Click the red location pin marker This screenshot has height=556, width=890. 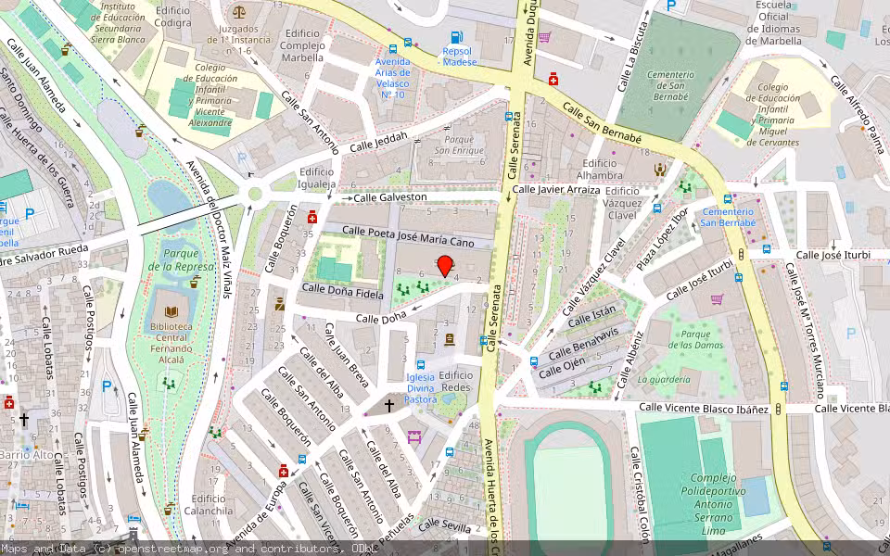[x=445, y=266]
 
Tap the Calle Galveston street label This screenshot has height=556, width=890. [x=389, y=197]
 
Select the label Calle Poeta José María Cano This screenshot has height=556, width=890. [x=408, y=236]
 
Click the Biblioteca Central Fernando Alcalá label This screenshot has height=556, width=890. [x=172, y=337]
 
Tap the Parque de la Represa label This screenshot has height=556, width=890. [x=181, y=259]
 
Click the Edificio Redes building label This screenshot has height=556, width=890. [x=456, y=381]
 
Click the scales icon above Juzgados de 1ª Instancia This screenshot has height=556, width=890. [x=240, y=13]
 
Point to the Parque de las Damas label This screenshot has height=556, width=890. [x=695, y=340]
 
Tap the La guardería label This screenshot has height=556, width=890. [x=664, y=379]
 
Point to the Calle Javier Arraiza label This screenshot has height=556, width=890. [x=556, y=189]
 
